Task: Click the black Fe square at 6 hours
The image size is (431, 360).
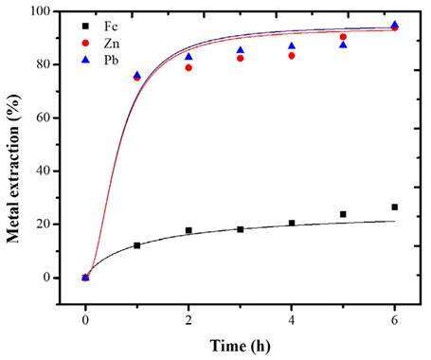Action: (x=394, y=207)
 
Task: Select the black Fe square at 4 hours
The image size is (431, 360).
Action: (x=292, y=224)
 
